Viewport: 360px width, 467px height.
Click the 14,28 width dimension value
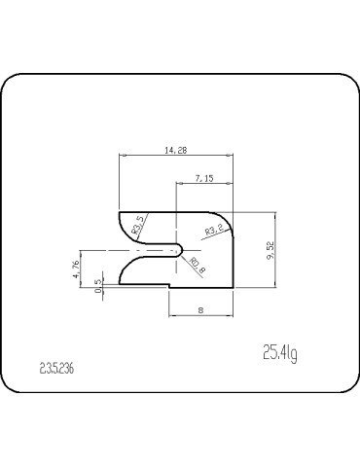click(x=176, y=149)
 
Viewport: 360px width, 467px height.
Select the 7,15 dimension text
click(x=204, y=178)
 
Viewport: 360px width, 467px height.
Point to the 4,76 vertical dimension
click(x=76, y=269)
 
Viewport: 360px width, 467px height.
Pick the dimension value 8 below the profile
click(x=201, y=309)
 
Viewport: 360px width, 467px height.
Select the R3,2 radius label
click(x=214, y=231)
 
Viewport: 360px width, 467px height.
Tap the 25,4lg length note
click(x=280, y=351)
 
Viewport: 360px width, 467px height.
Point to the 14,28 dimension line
click(x=176, y=156)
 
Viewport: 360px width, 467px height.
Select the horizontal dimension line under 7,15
click(x=205, y=184)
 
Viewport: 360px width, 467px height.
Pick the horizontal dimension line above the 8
click(x=201, y=316)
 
